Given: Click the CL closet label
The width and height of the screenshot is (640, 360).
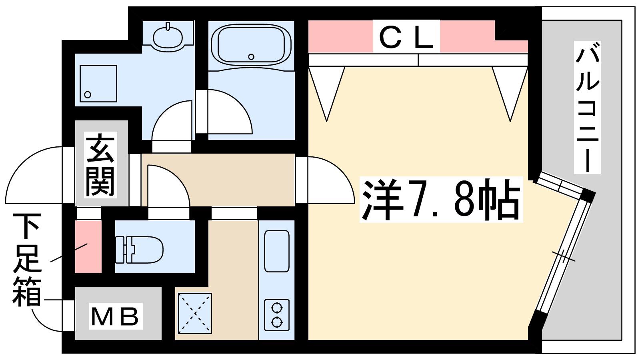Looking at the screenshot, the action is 406,36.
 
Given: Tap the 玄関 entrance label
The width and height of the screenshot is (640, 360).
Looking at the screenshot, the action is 100,165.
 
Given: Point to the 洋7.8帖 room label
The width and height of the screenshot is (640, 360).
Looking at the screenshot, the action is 441,200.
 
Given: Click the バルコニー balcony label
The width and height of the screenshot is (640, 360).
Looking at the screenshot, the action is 587,108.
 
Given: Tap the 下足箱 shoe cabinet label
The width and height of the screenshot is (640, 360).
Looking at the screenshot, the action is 26,260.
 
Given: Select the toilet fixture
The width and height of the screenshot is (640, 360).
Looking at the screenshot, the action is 139,250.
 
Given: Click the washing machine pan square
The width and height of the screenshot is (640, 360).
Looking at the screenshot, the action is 98,84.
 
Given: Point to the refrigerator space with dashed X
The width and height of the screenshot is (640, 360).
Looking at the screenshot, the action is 195,314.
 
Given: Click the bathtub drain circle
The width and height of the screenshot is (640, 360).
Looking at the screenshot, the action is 251,57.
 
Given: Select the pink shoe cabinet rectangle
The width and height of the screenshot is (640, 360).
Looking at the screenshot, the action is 88,246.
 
